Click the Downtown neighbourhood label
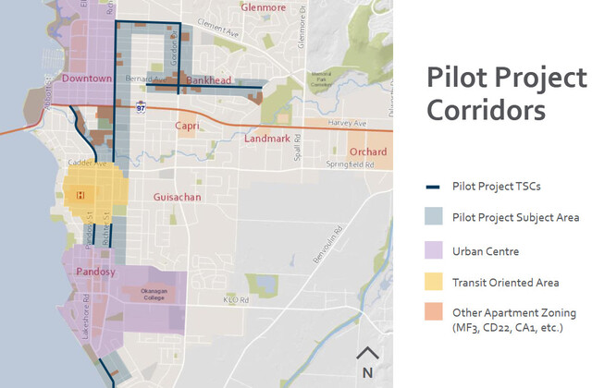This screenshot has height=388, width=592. (x=87, y=79)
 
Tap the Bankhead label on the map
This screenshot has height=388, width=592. (x=207, y=81)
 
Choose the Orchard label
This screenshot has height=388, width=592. (x=367, y=152)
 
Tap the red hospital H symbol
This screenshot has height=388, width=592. (x=80, y=194)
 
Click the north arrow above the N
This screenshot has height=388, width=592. (x=367, y=354)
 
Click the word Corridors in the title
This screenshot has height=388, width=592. (x=485, y=111)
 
